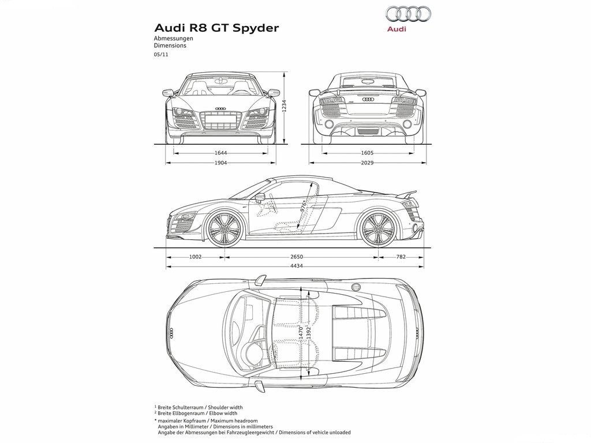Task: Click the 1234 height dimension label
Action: coord(285,106)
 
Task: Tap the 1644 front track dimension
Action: coord(221,153)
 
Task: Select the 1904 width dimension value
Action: coord(221,163)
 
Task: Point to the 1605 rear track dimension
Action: coord(367,153)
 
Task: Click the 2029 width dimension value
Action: coord(367,163)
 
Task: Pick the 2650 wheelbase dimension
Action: coord(297,257)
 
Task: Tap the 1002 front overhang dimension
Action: coord(195,257)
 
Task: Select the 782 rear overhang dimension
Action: coord(401,257)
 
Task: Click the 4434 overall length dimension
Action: coord(297,266)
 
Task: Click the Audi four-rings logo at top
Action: coord(407,14)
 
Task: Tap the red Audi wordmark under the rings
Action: coord(397,29)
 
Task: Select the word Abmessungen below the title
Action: coord(173,38)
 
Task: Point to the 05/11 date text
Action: coord(160,54)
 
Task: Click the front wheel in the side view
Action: coord(225,228)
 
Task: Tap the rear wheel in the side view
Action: coord(377,228)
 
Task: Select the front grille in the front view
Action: coord(221,121)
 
